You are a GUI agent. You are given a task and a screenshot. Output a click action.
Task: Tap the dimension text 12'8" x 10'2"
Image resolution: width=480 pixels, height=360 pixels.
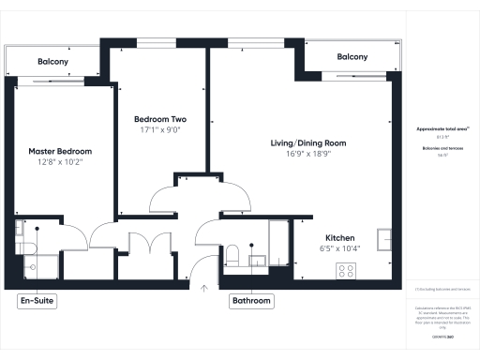[55, 162]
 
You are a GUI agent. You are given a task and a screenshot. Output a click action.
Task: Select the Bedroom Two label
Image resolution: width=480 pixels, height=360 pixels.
[159, 120]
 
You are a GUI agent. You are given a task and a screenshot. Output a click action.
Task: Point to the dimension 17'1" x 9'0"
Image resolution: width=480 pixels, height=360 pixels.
[159, 131]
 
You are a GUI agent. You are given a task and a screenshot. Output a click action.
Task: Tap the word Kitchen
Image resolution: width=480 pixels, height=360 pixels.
[338, 238]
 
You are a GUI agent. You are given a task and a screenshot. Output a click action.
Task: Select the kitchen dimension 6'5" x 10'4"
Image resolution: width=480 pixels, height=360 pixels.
[338, 249]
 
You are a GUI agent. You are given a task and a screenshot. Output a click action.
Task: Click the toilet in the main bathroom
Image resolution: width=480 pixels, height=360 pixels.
[232, 256]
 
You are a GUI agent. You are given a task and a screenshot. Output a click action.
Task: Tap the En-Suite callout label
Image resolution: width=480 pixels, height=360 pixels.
[38, 302]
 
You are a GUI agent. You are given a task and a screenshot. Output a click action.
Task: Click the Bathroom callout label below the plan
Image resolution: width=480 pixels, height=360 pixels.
[251, 302]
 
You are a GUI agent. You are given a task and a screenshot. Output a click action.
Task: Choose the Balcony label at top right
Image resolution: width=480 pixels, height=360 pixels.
[352, 57]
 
